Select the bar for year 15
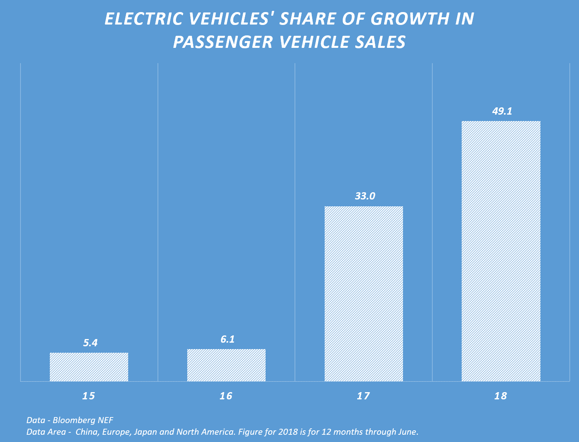89,367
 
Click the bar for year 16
226,365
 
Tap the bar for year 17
364,294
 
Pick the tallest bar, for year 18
501,251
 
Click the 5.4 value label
90,343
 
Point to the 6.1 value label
227,339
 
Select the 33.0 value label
365,196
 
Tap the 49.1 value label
502,111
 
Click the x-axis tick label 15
88,396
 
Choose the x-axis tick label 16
226,396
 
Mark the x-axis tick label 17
363,396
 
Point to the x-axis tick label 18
501,396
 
